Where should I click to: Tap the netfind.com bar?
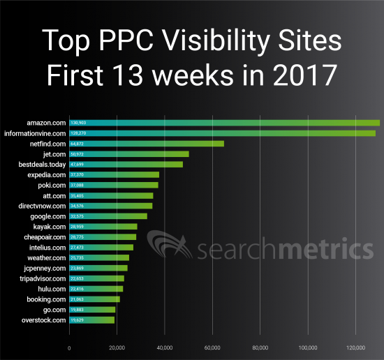(147, 144)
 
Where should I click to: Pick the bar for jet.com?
(129, 154)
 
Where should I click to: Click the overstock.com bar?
(91, 320)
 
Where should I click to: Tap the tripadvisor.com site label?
(43, 278)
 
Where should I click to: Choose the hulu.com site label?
(52, 289)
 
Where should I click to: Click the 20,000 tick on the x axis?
(117, 347)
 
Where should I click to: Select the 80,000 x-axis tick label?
(260, 347)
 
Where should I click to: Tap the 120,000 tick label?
(355, 347)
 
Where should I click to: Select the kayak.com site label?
(50, 227)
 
